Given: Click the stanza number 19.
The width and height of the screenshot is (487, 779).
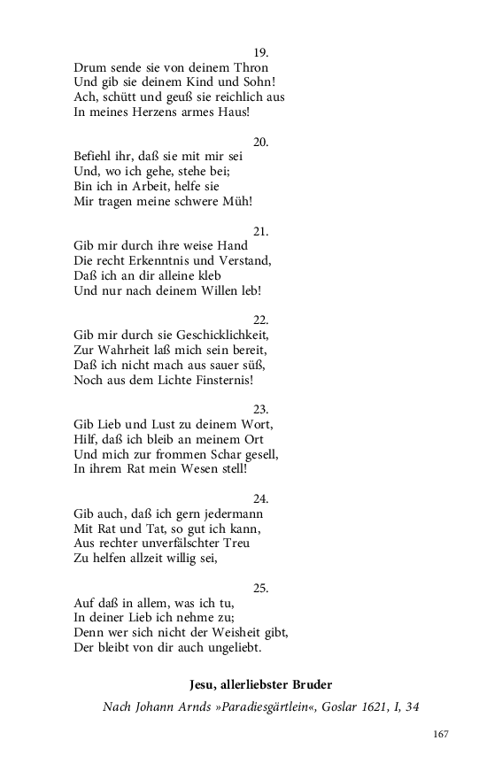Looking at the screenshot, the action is click(260, 52).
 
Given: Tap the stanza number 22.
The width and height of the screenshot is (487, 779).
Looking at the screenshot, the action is click(260, 320).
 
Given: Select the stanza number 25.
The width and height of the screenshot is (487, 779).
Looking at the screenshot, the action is click(260, 588).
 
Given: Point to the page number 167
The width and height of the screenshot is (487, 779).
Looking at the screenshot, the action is click(442, 734).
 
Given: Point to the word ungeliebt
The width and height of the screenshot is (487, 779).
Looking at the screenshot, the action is click(230, 648).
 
